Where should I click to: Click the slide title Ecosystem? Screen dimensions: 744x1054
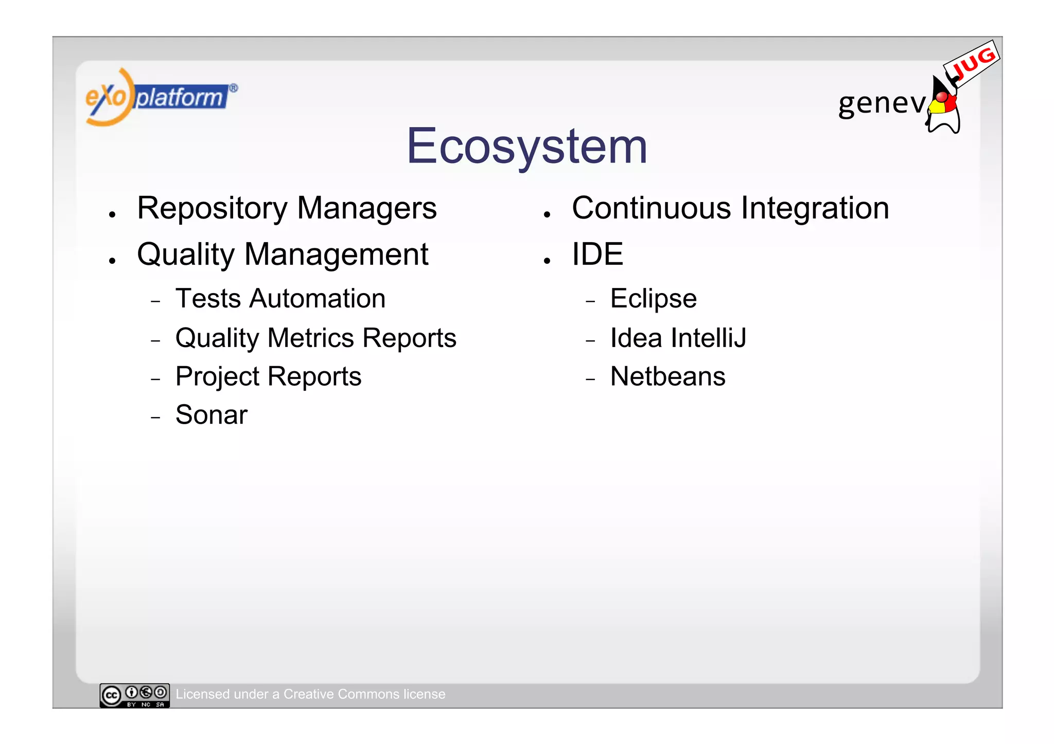(526, 147)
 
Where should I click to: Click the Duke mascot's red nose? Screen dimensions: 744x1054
(941, 97)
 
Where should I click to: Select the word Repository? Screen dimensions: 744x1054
(212, 209)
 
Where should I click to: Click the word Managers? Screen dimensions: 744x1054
(366, 209)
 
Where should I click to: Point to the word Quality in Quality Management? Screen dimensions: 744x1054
(186, 255)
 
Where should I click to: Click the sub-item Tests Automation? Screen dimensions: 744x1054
(280, 299)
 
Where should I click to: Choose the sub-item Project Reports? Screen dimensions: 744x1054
(268, 376)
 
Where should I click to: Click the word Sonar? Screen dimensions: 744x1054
(211, 415)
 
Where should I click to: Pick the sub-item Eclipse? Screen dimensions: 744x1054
(653, 299)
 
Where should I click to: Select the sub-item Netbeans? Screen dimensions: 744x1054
(667, 376)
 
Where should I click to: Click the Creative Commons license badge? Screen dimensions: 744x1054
(134, 695)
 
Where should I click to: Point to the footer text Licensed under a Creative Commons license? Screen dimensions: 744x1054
(310, 694)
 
